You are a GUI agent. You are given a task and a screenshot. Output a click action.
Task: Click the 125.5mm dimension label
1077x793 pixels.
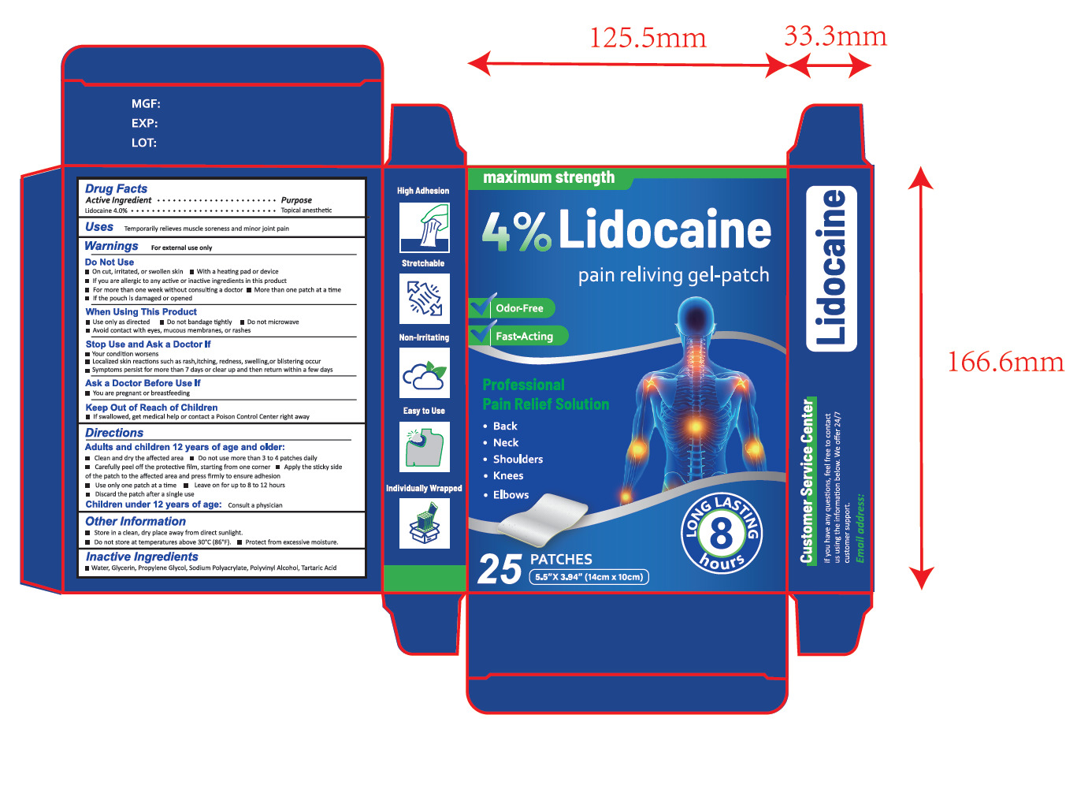tap(648, 38)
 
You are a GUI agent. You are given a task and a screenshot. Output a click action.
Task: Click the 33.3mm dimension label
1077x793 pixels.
tap(835, 36)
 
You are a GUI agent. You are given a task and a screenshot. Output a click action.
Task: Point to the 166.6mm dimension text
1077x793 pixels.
tap(1005, 362)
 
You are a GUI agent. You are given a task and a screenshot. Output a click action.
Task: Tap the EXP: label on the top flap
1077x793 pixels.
tap(145, 123)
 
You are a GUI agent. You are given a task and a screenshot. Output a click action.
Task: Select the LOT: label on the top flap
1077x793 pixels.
tap(144, 143)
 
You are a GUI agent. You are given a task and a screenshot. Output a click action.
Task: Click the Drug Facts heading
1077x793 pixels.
tap(117, 188)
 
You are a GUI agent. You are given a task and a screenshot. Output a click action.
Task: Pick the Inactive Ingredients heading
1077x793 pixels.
tap(142, 557)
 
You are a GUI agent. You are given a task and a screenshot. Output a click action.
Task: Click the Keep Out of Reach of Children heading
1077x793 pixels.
tap(151, 408)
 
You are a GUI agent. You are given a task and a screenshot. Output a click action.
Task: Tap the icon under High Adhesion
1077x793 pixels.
tap(424, 227)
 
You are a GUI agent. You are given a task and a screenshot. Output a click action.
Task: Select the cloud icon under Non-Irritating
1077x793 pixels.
tap(424, 373)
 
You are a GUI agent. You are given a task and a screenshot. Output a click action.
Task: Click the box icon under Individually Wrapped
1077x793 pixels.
tap(424, 523)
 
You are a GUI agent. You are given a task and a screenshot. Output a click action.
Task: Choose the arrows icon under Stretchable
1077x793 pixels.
tap(424, 299)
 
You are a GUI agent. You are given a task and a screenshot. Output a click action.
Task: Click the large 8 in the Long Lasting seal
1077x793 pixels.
tap(721, 533)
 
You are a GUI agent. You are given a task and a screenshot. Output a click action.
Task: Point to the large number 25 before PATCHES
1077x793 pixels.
tap(500, 569)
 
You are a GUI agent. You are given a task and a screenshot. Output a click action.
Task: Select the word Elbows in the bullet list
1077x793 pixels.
tap(511, 495)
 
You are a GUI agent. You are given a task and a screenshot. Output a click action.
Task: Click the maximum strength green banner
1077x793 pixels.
tap(549, 178)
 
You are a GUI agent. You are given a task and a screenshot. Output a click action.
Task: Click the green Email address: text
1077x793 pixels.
tap(860, 528)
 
